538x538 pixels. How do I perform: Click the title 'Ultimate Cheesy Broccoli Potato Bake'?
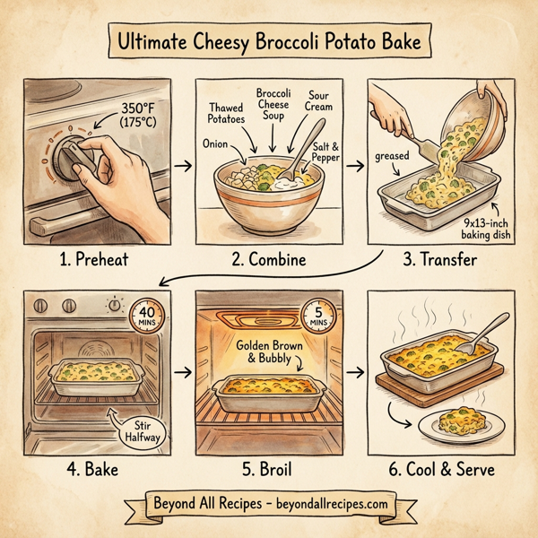tap(269, 41)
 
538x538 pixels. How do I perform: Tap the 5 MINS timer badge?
tap(317, 317)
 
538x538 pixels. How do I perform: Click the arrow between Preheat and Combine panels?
tap(182, 167)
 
